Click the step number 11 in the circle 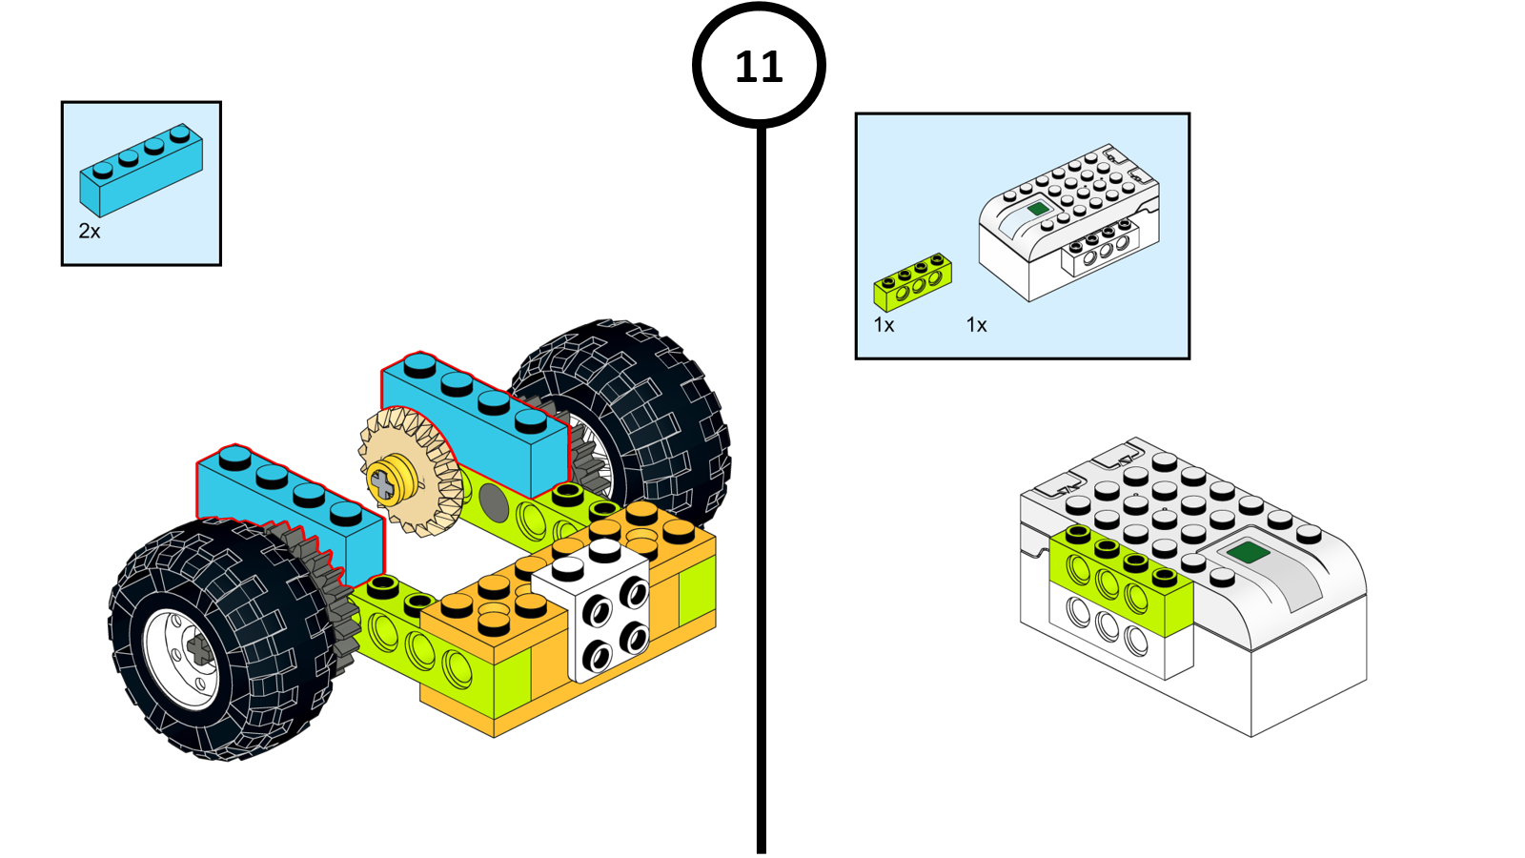tap(759, 67)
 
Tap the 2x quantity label tap(90, 232)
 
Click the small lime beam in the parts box tap(913, 282)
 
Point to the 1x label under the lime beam tap(884, 325)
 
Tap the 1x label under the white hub tap(977, 325)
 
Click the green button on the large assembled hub tap(1246, 552)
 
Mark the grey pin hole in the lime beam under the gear tap(493, 498)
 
